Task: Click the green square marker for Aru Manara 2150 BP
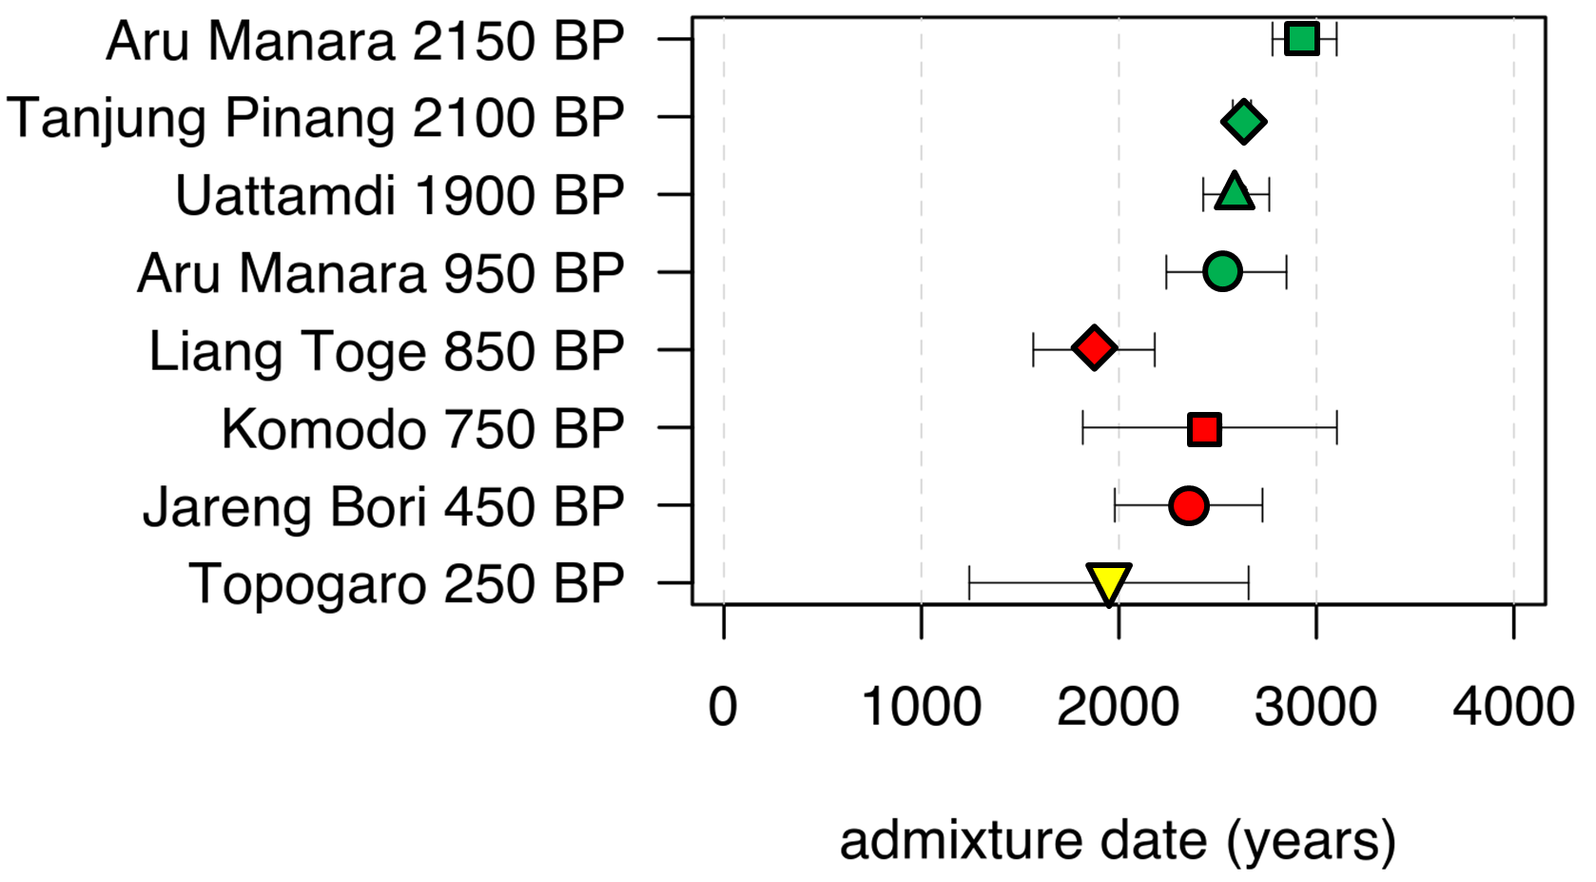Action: tap(1301, 39)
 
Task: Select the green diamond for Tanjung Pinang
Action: tap(1243, 122)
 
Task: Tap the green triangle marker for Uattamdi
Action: tap(1234, 193)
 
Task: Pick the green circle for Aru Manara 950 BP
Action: tap(1222, 272)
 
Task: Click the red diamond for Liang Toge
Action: tap(1094, 348)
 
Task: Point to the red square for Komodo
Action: tap(1204, 429)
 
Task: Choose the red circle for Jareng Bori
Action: tap(1188, 505)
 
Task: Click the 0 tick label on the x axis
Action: tap(723, 708)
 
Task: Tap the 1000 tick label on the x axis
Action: tap(921, 708)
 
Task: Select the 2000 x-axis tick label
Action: tap(1119, 708)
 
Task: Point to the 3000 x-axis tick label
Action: tap(1316, 708)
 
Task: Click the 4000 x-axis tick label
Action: tap(1513, 708)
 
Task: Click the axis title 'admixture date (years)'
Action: tap(1118, 841)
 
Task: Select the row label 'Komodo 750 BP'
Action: tap(422, 429)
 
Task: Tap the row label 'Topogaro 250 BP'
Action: tap(406, 583)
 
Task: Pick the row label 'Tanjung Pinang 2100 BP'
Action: tap(315, 119)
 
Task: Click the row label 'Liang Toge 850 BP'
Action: tap(386, 351)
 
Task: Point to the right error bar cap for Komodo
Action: tap(1336, 428)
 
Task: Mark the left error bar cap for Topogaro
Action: tap(969, 583)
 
